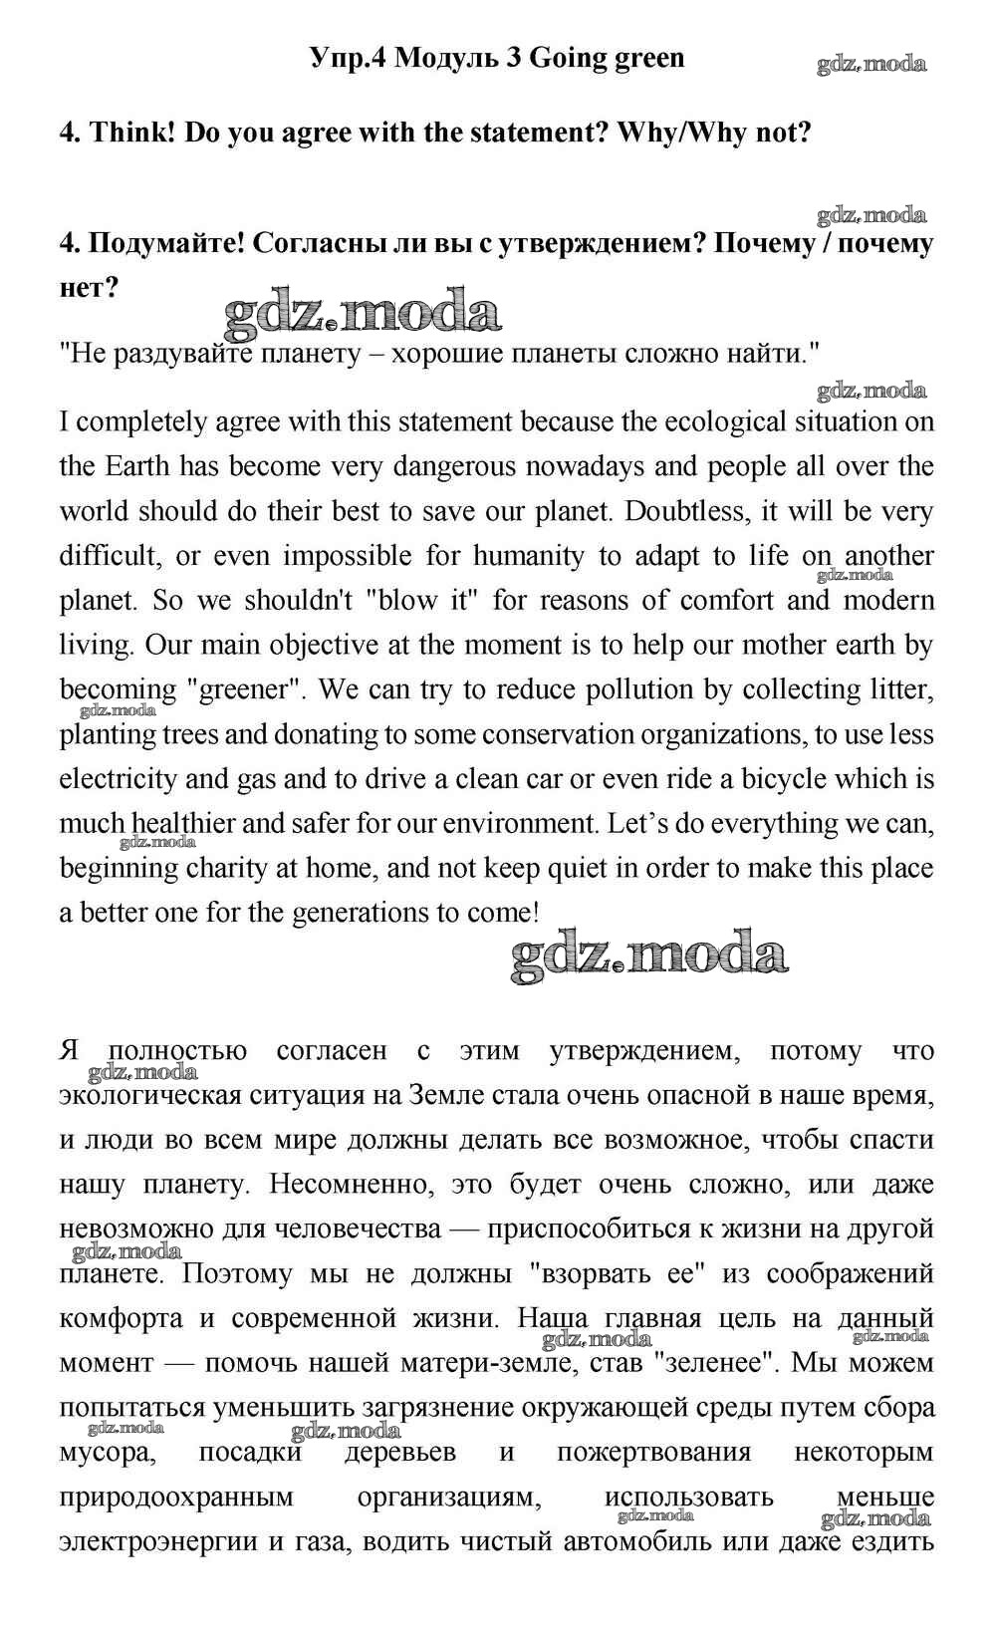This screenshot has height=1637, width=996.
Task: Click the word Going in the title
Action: point(564,58)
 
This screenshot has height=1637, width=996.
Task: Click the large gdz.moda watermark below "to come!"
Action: point(649,956)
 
